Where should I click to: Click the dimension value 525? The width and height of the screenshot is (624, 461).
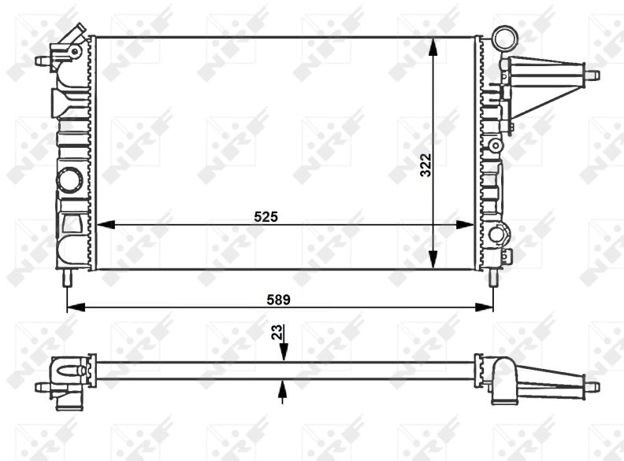click(x=266, y=216)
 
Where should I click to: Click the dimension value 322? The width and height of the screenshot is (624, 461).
click(x=425, y=165)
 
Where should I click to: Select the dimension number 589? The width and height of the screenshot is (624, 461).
click(x=279, y=300)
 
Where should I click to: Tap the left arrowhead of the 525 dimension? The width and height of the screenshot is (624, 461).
click(x=106, y=225)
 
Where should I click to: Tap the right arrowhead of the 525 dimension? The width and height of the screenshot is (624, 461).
click(x=465, y=225)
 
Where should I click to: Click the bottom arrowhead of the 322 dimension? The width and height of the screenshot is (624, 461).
click(x=433, y=260)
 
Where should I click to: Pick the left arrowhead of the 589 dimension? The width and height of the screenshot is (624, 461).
click(x=76, y=307)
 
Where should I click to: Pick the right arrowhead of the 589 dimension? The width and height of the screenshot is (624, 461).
click(x=485, y=307)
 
